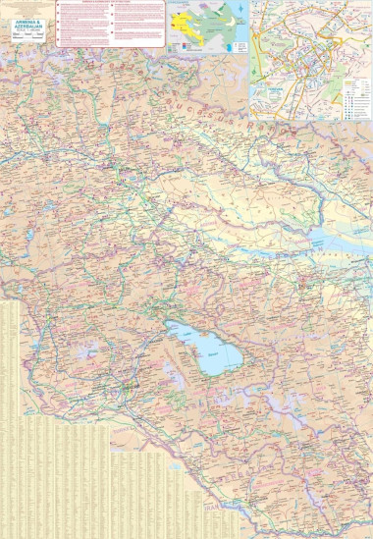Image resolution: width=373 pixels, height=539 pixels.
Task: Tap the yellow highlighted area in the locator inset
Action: [x=186, y=23]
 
